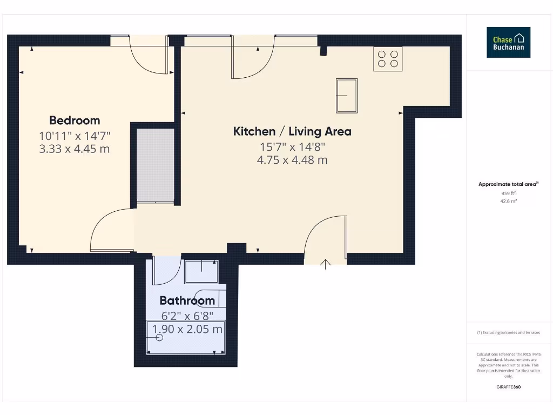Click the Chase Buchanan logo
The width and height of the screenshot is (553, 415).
[508, 43]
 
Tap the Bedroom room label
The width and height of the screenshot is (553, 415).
[75, 121]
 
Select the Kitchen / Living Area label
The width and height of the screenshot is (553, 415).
[292, 131]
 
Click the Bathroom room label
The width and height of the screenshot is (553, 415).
[187, 300]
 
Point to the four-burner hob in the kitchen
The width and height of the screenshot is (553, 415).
[388, 59]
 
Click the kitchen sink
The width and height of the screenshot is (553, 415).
[347, 96]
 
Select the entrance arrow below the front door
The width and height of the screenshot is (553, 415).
[326, 264]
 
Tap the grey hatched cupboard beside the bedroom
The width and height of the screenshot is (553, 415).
[156, 165]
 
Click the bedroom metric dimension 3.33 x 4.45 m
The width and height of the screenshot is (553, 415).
[75, 149]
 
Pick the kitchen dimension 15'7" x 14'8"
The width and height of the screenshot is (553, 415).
[292, 146]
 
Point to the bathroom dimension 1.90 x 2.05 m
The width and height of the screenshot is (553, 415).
[187, 329]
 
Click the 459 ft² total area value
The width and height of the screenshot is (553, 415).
[508, 193]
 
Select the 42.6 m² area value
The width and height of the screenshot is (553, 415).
[508, 201]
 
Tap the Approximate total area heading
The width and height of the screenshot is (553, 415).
[508, 184]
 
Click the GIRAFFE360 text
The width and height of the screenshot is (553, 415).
[508, 387]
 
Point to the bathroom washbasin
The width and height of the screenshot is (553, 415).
[201, 272]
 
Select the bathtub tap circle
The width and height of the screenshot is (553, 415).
[159, 337]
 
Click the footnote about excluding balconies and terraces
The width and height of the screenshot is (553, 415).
[508, 333]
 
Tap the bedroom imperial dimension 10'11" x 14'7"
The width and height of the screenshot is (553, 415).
[75, 136]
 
